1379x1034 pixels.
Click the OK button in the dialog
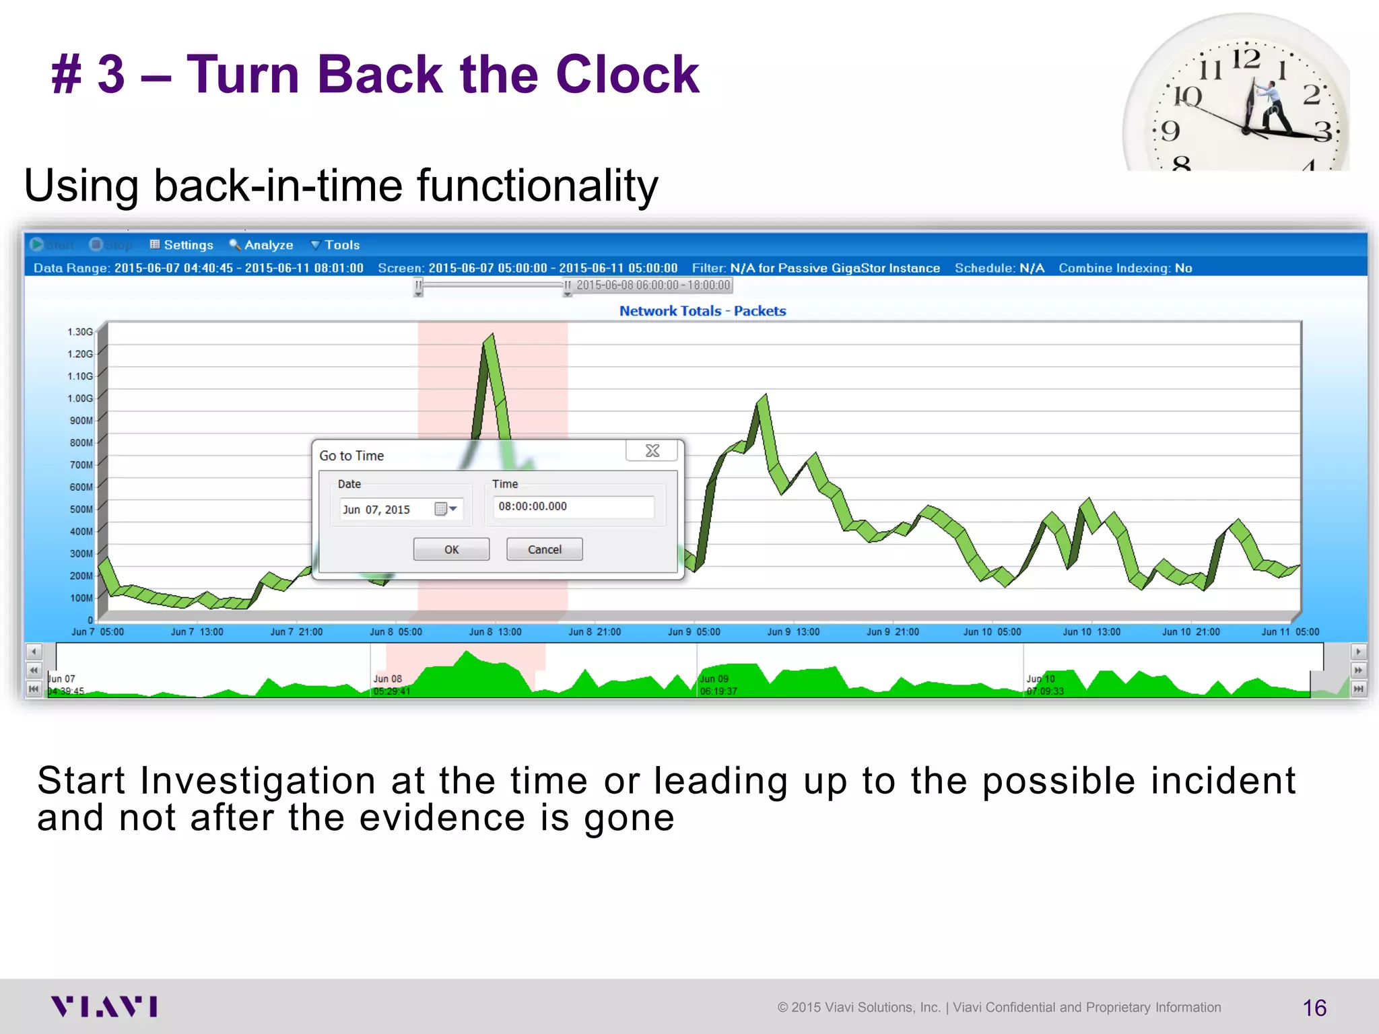451,549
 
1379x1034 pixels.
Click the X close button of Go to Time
652,450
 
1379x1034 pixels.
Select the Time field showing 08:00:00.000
573,507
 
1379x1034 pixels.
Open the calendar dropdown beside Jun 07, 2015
447,509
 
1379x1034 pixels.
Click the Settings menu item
182,245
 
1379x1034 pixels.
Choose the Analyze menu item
262,245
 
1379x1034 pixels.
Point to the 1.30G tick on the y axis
80,332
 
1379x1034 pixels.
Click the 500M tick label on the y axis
81,509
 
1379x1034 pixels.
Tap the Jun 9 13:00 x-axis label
793,631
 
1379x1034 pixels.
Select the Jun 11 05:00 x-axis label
1289,631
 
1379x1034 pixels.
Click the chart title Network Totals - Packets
702,311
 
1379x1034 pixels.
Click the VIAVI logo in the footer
104,1006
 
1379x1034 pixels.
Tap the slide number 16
1314,1008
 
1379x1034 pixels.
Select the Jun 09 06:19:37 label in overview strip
718,685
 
